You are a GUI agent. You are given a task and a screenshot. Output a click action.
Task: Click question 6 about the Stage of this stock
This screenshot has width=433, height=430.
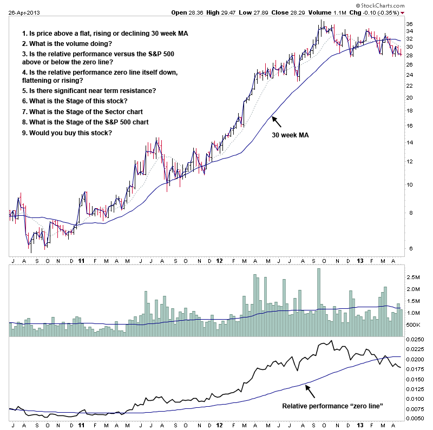[75, 101]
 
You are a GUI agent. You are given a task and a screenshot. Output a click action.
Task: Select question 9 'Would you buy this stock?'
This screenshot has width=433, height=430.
[67, 133]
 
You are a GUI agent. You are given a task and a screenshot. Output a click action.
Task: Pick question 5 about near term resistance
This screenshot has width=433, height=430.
[89, 90]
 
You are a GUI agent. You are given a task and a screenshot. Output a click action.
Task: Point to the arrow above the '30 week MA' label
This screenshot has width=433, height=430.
[275, 121]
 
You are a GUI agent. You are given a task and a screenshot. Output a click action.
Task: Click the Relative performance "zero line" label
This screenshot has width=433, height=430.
[333, 405]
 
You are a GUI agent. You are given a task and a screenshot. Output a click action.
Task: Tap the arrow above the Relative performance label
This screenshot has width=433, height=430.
[309, 389]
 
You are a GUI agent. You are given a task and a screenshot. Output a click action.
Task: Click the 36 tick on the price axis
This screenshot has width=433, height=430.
[409, 24]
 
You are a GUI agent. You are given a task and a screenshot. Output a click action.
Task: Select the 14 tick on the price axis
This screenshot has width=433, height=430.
[409, 143]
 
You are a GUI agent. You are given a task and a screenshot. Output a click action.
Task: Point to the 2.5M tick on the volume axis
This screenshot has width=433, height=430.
[413, 276]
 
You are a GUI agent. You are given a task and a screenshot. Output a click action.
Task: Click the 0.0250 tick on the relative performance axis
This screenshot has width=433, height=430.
[415, 340]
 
